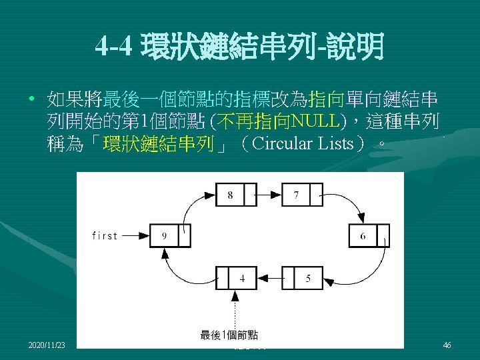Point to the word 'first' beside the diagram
pos(105,235)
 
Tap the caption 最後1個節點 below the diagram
pos(229,335)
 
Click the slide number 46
pos(447,345)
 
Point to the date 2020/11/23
pos(47,345)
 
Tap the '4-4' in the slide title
pos(115,47)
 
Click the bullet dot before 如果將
pos(31,101)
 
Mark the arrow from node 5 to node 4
pos(269,278)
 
